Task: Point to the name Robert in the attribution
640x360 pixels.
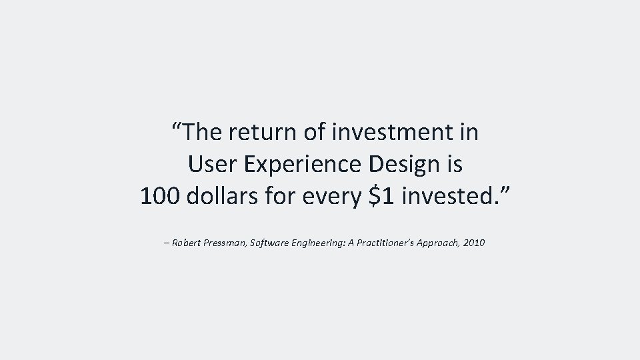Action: click(x=188, y=243)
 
